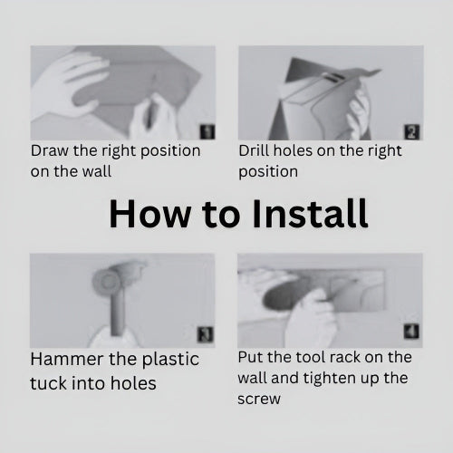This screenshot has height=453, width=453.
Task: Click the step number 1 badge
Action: [x=207, y=132]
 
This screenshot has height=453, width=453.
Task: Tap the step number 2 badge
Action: [x=412, y=132]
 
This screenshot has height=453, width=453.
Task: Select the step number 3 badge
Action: [x=205, y=334]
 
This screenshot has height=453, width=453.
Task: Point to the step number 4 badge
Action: [x=411, y=332]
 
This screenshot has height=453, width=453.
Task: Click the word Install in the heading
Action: [x=310, y=214]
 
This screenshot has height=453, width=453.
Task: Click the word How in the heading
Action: [x=149, y=214]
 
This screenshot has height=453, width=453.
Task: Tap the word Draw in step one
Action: [x=50, y=150]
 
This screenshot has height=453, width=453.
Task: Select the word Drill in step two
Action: [x=254, y=150]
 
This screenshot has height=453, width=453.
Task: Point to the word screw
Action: [x=259, y=400]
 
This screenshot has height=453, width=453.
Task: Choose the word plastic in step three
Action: [x=170, y=361]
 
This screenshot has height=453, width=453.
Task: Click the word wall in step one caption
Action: [x=97, y=171]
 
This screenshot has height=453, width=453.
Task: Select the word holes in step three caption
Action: [x=133, y=383]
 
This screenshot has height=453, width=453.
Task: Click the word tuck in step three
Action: [x=48, y=383]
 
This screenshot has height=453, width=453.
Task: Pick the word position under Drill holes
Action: [x=268, y=172]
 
